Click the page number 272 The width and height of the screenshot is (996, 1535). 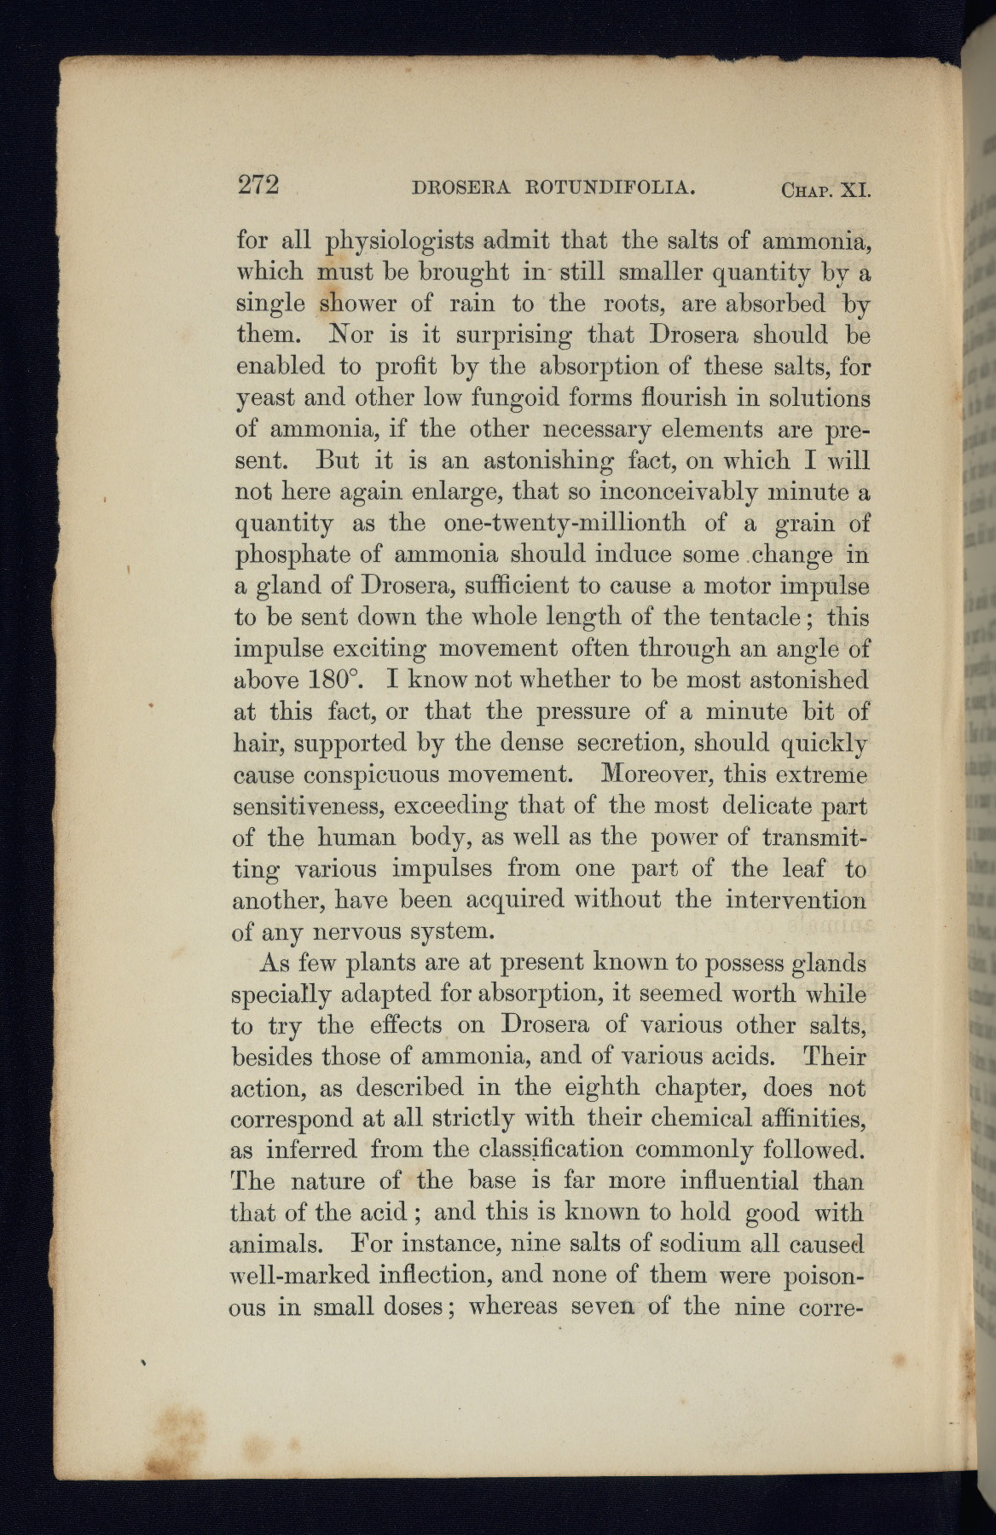(x=258, y=185)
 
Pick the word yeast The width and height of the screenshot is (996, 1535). (x=263, y=399)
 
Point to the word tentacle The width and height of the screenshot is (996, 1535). (x=751, y=617)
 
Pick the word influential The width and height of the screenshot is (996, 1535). (x=740, y=1181)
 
